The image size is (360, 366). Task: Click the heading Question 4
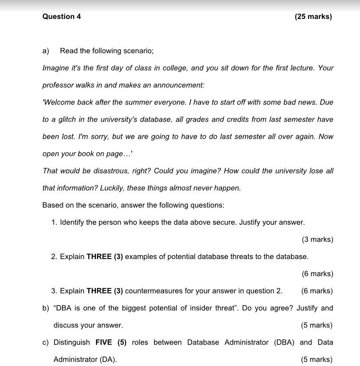point(61,17)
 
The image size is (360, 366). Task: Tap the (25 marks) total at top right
point(313,17)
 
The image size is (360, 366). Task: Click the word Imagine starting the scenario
point(56,68)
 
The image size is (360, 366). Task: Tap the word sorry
point(99,136)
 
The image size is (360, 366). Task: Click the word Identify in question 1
point(74,222)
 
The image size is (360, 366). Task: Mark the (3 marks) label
point(317,239)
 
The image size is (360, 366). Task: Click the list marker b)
point(46,308)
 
